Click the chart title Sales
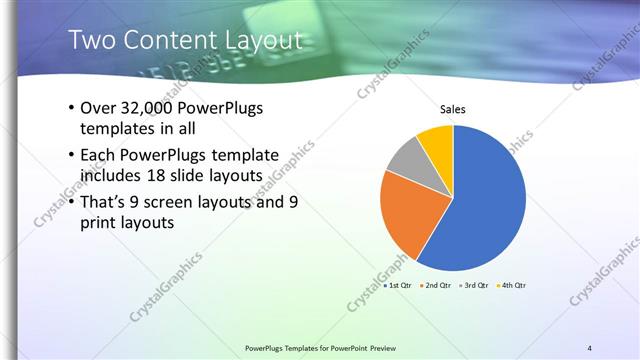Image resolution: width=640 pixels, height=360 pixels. [x=453, y=109]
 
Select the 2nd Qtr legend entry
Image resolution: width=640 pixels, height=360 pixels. [x=436, y=285]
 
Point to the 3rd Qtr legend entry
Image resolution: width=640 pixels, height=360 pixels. [x=473, y=285]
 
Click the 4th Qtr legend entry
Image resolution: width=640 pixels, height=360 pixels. [x=510, y=285]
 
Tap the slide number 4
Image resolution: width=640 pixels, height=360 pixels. [x=590, y=348]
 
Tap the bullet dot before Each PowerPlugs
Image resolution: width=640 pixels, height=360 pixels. [x=71, y=155]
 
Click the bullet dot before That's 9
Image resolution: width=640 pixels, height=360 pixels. [x=71, y=201]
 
